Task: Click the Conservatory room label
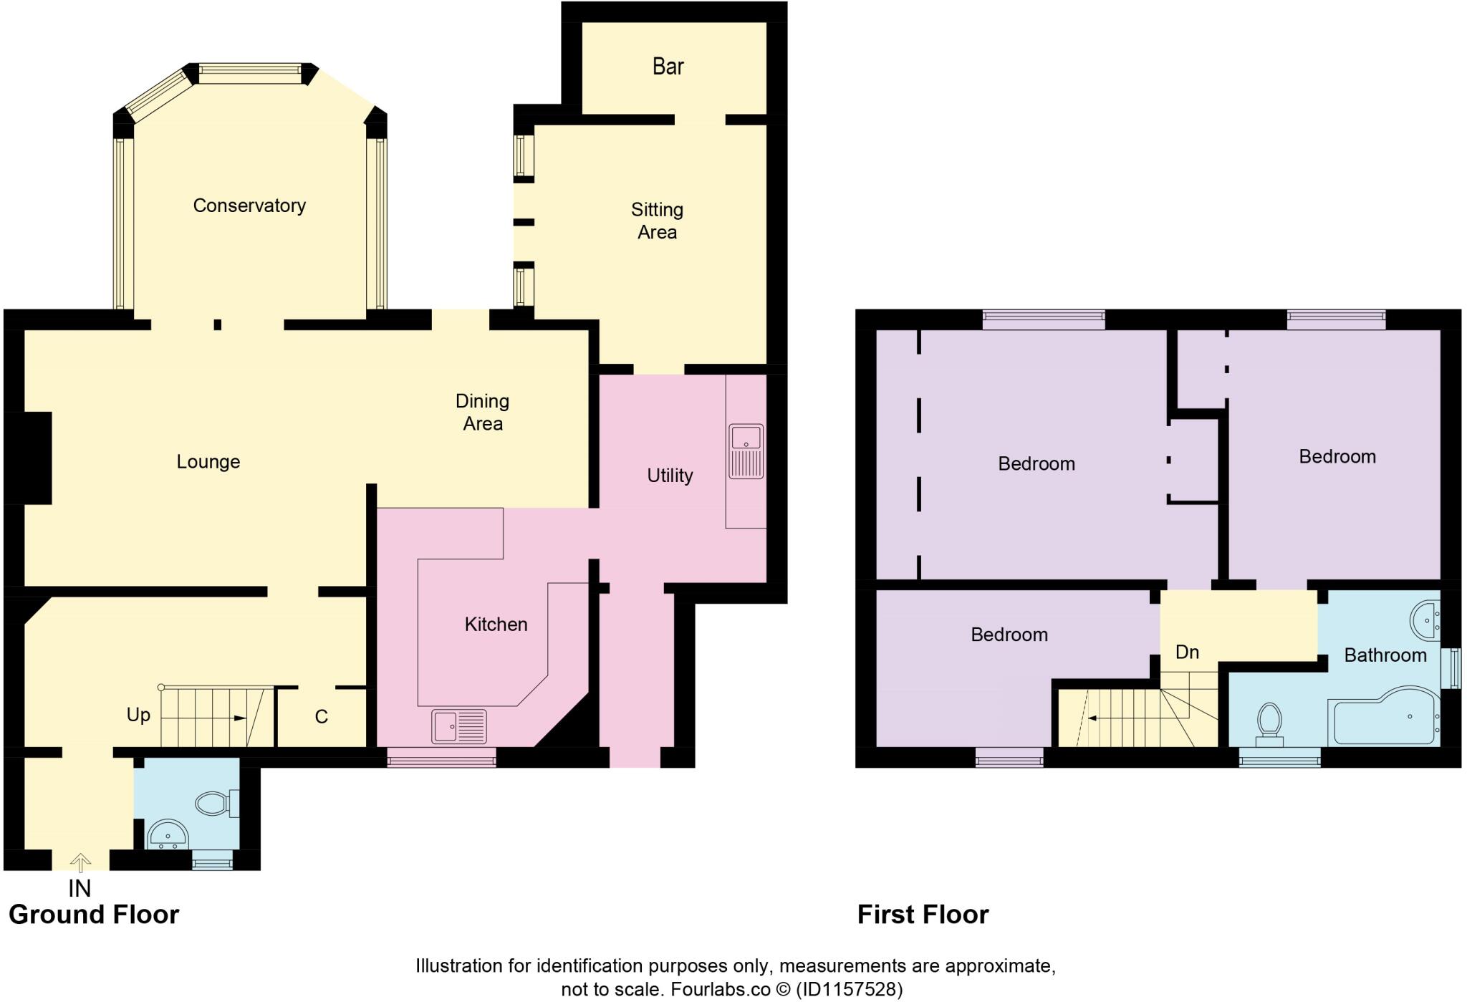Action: point(249,206)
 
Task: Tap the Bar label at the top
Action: point(668,67)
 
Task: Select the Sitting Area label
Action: point(657,221)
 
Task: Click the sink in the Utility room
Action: point(746,451)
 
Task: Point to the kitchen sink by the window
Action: point(458,726)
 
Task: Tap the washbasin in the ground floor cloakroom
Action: point(167,835)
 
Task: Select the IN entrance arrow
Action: point(80,862)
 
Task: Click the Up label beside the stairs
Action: point(138,715)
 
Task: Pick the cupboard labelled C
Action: point(321,717)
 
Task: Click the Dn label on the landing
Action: point(1187,652)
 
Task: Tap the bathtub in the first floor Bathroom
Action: point(1384,717)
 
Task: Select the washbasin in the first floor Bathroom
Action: point(1425,620)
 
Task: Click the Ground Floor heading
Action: point(94,915)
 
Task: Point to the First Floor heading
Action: point(923,915)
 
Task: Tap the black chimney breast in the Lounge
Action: point(29,458)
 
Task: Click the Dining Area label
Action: point(482,412)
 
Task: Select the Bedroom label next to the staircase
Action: point(1009,635)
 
